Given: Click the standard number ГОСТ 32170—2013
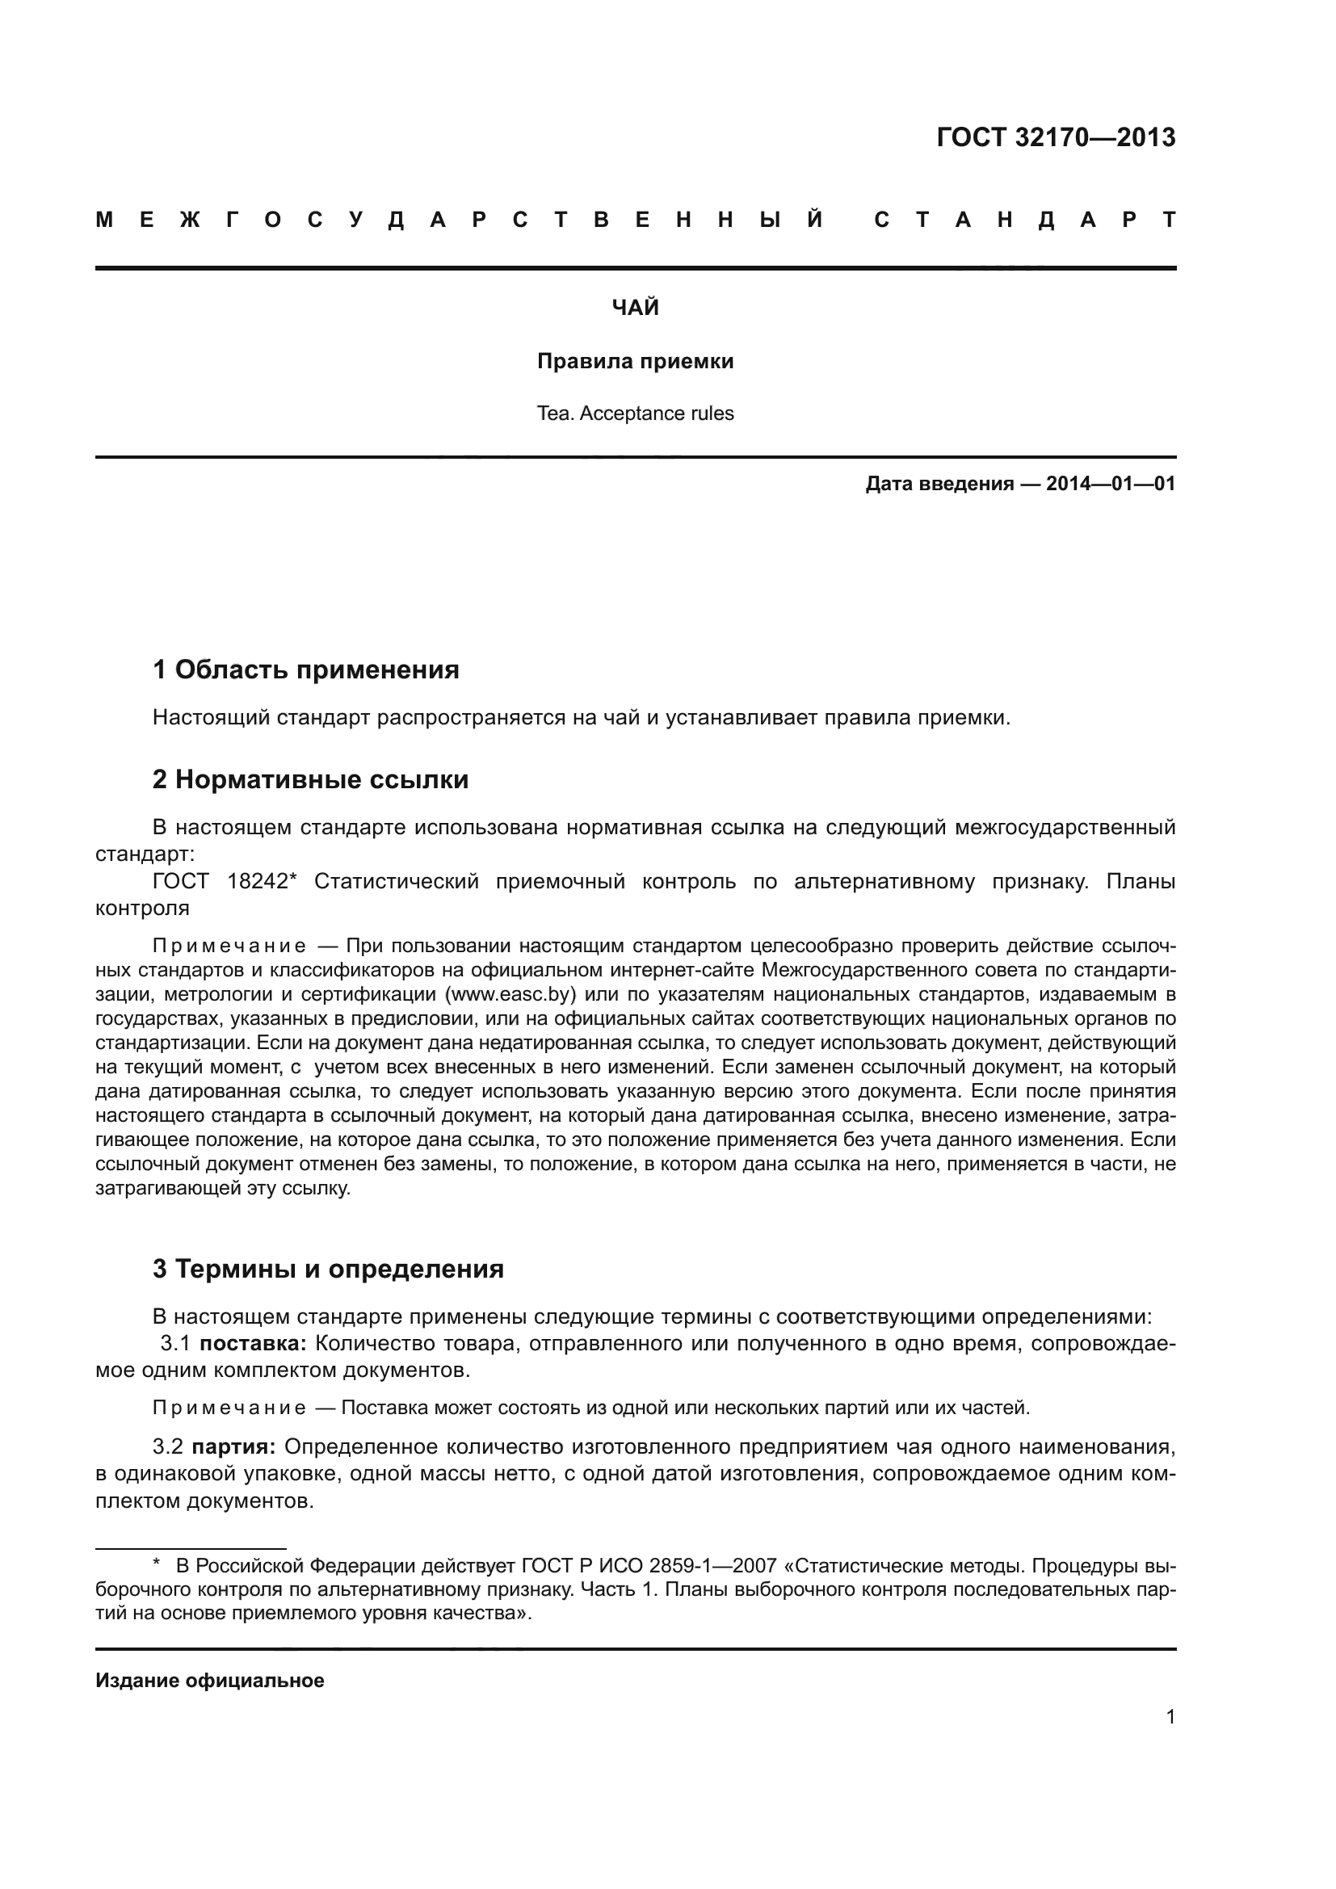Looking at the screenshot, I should point(1056,137).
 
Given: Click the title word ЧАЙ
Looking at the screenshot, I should point(635,308).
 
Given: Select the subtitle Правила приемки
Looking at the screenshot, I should point(635,361).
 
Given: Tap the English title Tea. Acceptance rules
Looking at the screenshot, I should point(635,413).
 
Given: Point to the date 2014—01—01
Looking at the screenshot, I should point(1111,484).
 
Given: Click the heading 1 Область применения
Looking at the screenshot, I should point(305,670).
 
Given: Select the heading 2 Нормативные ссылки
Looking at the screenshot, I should point(310,779).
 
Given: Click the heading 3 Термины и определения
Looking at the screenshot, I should point(327,1269).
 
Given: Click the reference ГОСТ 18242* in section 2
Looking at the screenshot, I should point(224,881).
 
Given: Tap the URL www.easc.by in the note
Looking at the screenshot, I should point(510,994).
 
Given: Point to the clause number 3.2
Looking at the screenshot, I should point(168,1446).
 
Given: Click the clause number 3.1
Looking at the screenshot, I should point(175,1344).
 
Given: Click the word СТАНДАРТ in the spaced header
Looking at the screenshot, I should point(1025,220).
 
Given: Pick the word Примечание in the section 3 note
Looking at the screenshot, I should point(229,1408).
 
